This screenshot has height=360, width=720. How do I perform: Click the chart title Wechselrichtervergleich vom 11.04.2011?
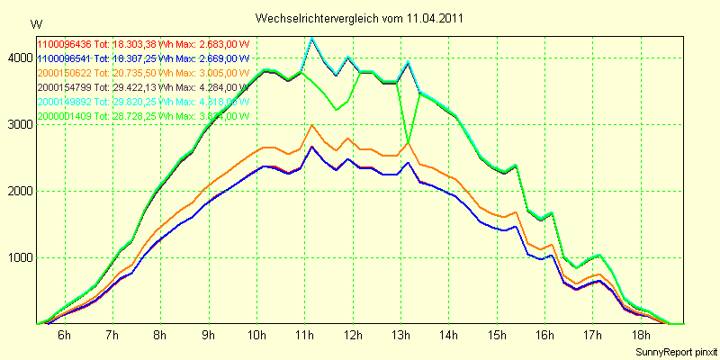pyautogui.click(x=360, y=18)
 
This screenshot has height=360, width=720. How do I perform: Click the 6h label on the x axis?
pyautogui.click(x=64, y=336)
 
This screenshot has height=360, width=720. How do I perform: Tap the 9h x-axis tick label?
pyautogui.click(x=209, y=336)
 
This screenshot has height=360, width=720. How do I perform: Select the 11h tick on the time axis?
pyautogui.click(x=305, y=336)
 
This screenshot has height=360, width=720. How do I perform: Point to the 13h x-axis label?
pyautogui.click(x=401, y=336)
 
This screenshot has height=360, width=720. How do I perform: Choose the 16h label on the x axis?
pyautogui.click(x=545, y=336)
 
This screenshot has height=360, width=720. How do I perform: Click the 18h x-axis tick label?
pyautogui.click(x=642, y=336)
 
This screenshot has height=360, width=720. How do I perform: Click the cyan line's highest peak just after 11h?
pyautogui.click(x=311, y=38)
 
